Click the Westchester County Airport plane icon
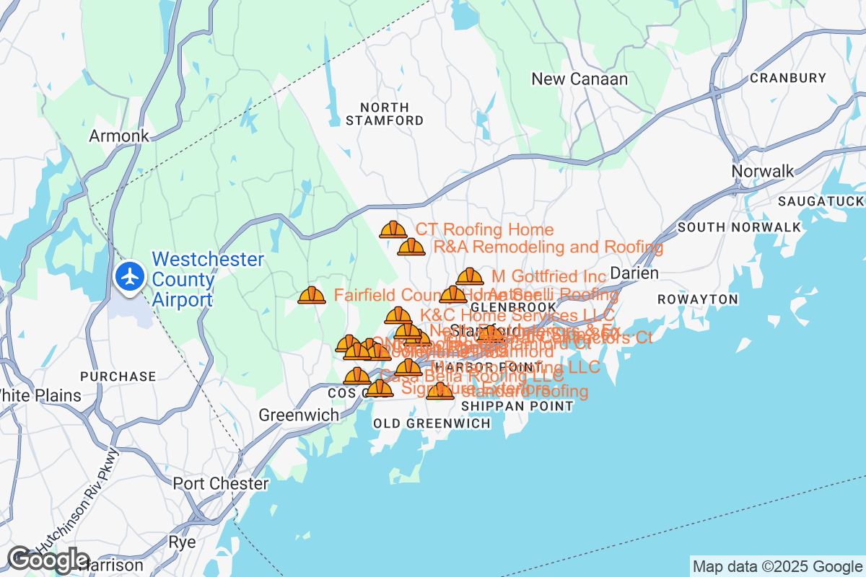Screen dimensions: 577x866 coord(131,278)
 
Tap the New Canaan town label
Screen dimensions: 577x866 coord(579,79)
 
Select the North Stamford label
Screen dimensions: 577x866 coord(384,114)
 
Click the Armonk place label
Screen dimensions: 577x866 coord(119,136)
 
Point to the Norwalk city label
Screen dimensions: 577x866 coord(763,171)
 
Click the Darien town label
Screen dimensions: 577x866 coord(634,273)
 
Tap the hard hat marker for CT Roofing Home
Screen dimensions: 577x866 coord(393,230)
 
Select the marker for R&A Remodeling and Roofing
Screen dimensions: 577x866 coord(411,247)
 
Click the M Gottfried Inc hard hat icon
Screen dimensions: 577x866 coord(470,277)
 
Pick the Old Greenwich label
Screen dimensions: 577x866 coord(432,423)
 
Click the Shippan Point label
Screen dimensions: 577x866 coord(517,406)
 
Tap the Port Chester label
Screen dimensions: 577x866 coord(220,483)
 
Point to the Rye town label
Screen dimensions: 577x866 coord(181,542)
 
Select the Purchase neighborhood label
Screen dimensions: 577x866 coord(118,376)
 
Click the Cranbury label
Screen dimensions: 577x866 coord(788,78)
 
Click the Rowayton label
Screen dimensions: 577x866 coord(698,299)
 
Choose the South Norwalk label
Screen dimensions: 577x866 coord(739,227)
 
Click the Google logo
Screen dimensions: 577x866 coord(48,560)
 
